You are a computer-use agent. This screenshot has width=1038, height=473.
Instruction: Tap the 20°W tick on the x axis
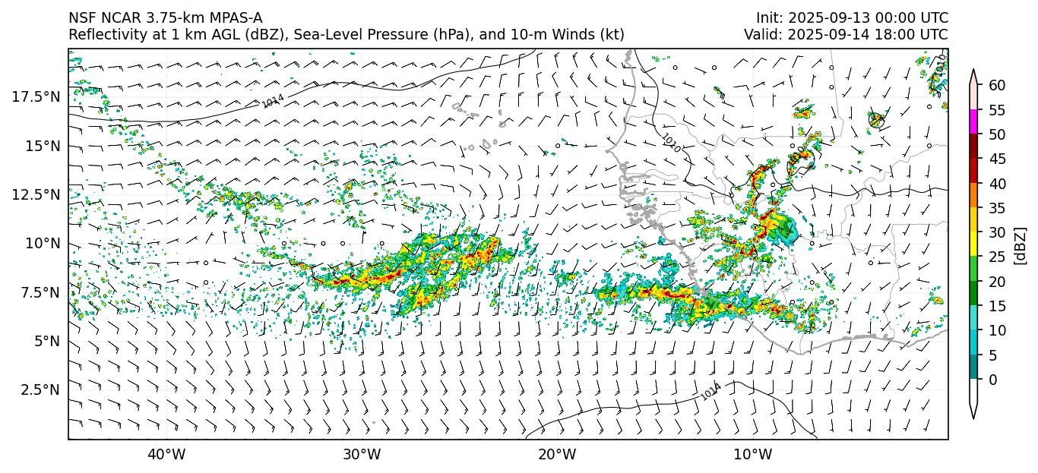(557, 455)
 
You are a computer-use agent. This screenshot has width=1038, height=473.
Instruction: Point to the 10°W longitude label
(753, 455)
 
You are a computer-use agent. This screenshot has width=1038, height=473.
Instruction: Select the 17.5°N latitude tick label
(36, 96)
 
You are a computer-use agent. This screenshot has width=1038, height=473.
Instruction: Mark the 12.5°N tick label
(36, 194)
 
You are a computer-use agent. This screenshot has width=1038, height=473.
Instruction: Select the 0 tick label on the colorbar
(992, 380)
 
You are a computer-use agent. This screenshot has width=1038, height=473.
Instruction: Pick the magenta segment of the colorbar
(973, 122)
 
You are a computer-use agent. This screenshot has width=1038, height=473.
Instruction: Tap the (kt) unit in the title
(612, 35)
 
